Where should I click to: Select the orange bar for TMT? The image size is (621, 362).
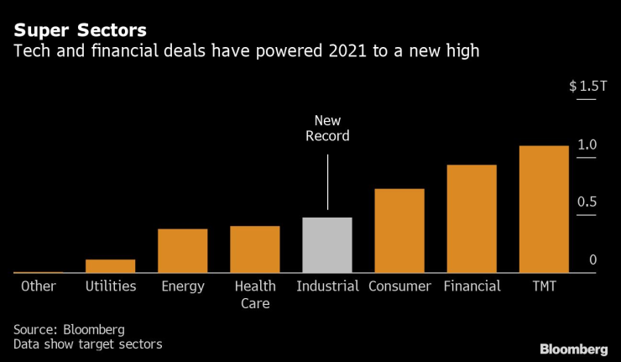click(544, 209)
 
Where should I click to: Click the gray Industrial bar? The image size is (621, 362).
click(327, 245)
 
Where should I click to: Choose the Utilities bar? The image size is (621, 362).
click(111, 265)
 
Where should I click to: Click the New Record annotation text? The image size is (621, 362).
click(327, 128)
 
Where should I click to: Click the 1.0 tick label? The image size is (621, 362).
click(587, 144)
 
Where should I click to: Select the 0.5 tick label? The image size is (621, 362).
click(587, 202)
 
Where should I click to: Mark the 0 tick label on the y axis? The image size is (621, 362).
click(592, 260)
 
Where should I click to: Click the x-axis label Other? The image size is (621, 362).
click(39, 286)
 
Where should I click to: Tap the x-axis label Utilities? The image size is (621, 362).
click(111, 286)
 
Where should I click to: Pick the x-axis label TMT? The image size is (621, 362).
click(544, 286)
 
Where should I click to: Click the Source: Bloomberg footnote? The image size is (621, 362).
click(69, 328)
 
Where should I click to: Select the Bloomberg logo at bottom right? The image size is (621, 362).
click(574, 349)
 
